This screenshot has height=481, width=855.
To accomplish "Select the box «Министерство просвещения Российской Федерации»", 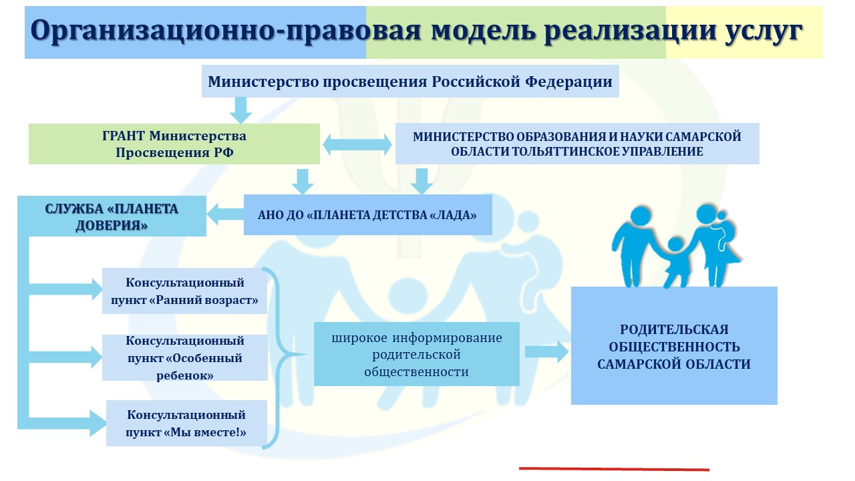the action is point(410,82).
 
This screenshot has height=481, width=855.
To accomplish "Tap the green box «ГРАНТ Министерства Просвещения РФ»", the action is point(174,144).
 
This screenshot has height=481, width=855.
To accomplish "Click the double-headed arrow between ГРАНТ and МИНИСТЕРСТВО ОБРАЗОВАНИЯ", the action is point(357,145).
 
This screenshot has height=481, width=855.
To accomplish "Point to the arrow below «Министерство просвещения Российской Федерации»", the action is point(240,110).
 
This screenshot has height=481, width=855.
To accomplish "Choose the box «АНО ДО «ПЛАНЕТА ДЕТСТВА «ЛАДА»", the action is point(368,215).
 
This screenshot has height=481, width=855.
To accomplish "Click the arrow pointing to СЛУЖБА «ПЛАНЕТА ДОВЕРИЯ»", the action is point(225,214).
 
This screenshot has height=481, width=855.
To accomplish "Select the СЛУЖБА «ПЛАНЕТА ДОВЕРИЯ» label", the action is point(112,217).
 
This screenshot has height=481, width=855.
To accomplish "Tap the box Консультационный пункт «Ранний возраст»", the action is point(185,291).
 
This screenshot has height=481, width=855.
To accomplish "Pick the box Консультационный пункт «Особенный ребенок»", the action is point(185,357).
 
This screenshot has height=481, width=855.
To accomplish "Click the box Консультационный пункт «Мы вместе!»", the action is point(186,424).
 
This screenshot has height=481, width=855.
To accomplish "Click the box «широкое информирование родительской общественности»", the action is point(417,354).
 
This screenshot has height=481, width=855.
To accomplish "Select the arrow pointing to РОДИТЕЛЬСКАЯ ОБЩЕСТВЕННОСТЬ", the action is point(547,351).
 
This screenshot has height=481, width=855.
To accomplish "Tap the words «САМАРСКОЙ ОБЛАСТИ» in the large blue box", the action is point(674,364).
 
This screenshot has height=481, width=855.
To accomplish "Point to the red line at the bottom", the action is point(614,469).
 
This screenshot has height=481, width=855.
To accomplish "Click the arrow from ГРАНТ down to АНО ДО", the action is point(303,182).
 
